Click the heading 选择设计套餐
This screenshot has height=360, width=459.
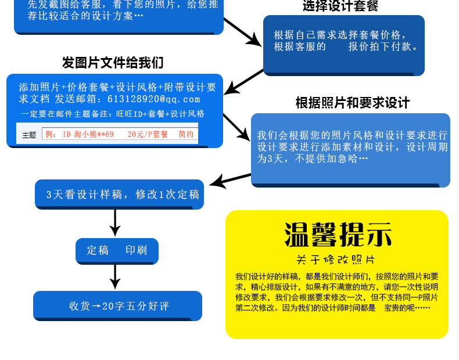340,7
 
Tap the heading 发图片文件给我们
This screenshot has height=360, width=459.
113,63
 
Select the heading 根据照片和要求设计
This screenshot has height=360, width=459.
353,103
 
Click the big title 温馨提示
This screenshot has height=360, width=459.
338,235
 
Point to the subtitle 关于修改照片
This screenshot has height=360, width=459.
336,259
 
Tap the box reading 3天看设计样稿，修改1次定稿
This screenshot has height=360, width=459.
123,195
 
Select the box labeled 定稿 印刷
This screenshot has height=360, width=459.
117,251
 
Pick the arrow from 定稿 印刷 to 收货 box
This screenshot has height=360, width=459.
115,277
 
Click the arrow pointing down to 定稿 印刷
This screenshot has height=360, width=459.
115,222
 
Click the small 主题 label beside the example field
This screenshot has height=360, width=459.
29,135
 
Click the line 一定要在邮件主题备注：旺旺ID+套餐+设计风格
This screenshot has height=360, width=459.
112,114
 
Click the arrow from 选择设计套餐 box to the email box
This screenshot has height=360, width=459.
244,81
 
